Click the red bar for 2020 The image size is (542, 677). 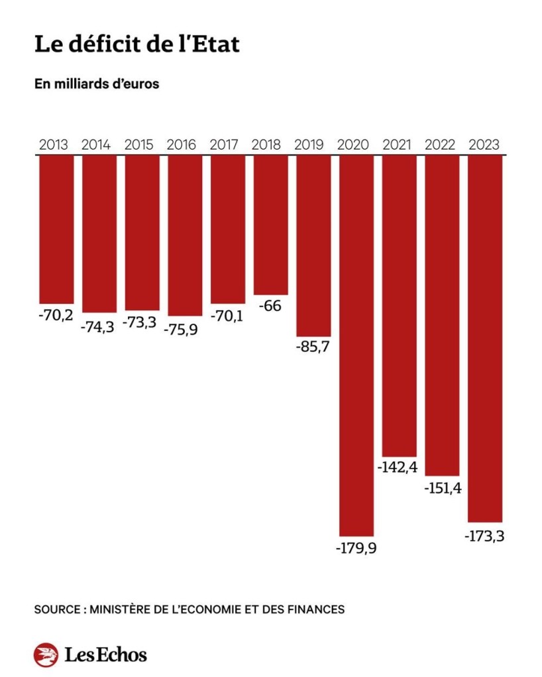point(356,344)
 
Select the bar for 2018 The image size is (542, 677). point(271,225)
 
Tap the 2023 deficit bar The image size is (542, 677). point(485,338)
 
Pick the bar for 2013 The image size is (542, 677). point(56,229)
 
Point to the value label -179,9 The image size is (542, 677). point(356,549)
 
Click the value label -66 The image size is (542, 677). point(271,307)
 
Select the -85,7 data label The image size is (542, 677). point(313,349)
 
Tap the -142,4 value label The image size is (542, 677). point(399,468)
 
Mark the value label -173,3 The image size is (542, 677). point(484,535)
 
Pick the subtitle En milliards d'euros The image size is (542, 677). point(97,85)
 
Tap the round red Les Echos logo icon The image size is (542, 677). point(46,655)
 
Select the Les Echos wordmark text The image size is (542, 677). point(106,655)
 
